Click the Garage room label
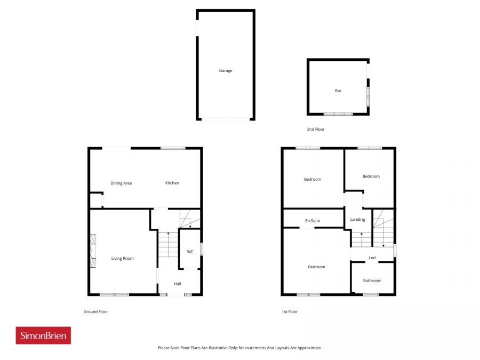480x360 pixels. pos(226,70)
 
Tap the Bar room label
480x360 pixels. pos(338,91)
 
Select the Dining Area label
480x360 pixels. pos(121,183)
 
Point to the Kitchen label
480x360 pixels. pos(172,183)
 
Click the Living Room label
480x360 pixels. pos(122,258)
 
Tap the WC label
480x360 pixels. pos(190,252)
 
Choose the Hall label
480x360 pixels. pos(178,284)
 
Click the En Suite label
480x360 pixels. pos(313,220)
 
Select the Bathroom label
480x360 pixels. pos(372,281)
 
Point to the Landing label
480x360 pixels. pos(357,219)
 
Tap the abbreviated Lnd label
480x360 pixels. pos(372,258)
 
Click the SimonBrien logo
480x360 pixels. pos(43,335)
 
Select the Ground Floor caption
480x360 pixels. pos(95,311)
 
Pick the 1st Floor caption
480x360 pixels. pos(290,311)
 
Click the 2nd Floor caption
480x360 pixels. pos(315,129)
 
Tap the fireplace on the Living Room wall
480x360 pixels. pos(92,251)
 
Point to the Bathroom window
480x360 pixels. pos(371,294)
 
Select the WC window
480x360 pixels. pos(201,249)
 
